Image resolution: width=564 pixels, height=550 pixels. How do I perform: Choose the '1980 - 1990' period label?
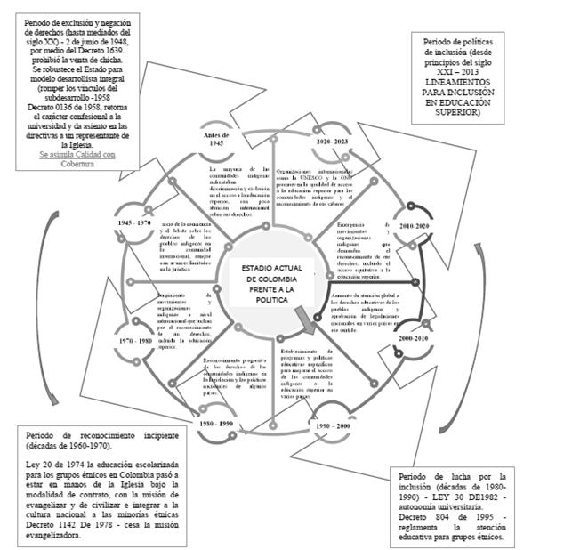click(x=216, y=424)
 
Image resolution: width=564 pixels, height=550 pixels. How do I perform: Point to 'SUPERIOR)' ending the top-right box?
click(x=476, y=113)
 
